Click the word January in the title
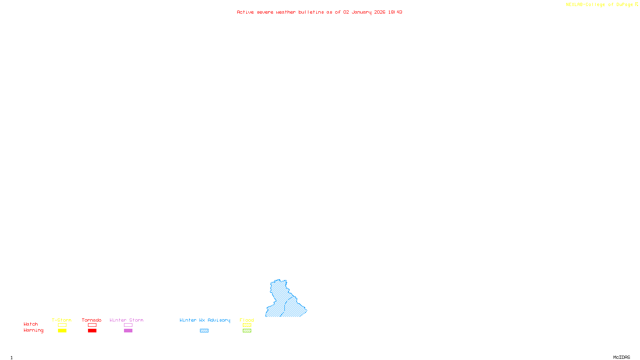[362, 12]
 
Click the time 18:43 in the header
[395, 12]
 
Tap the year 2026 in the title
[380, 12]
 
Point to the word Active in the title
[245, 12]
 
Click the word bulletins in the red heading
[311, 12]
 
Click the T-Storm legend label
[62, 320]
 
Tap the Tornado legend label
[92, 320]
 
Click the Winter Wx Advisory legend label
[205, 320]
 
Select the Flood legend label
[247, 320]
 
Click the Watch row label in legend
[31, 324]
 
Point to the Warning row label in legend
[33, 330]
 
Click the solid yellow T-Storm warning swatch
[62, 331]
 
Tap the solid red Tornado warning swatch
[92, 331]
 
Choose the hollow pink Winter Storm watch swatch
[128, 325]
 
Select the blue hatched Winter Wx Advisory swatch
[204, 331]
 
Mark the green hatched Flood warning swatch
[247, 331]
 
